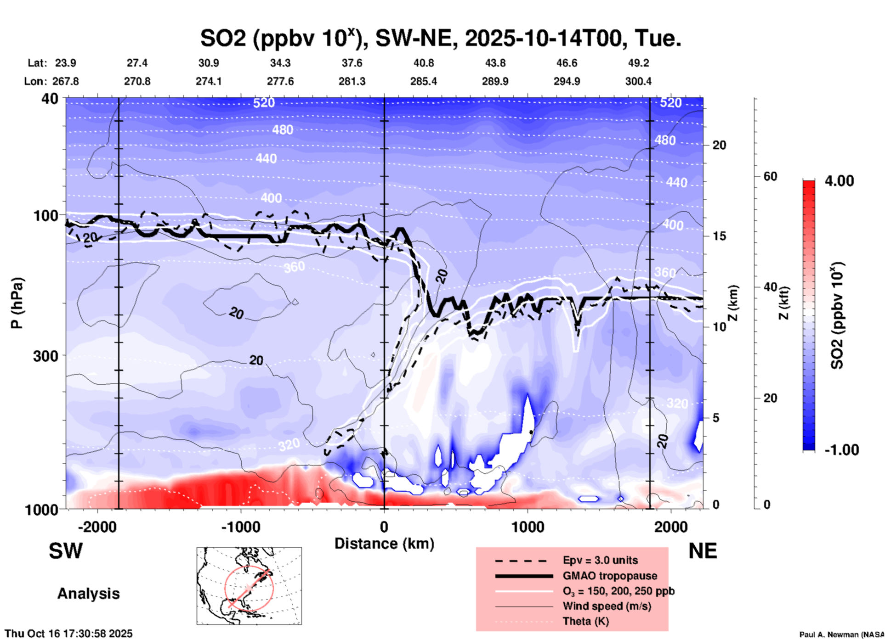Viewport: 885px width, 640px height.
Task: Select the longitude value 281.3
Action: pyautogui.click(x=352, y=81)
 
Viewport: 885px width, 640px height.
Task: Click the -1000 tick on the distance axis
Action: pyautogui.click(x=241, y=527)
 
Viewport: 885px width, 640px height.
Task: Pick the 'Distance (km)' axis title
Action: pyautogui.click(x=384, y=544)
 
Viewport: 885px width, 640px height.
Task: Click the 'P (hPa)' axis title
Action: pyautogui.click(x=17, y=303)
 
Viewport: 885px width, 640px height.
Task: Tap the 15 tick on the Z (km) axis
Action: pyautogui.click(x=719, y=236)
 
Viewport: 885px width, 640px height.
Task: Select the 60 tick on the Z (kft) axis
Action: pyautogui.click(x=770, y=176)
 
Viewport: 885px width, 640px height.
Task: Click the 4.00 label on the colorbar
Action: pyautogui.click(x=839, y=181)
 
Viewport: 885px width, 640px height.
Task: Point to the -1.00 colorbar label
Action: pyautogui.click(x=841, y=450)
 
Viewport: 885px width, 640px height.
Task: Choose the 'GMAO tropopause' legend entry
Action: pyautogui.click(x=610, y=576)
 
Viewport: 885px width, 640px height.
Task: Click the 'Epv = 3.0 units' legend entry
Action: pyautogui.click(x=600, y=560)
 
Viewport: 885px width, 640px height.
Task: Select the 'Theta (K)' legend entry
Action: pyautogui.click(x=585, y=621)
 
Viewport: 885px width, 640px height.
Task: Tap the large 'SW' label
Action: pyautogui.click(x=66, y=551)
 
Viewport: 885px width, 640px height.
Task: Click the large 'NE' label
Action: pyautogui.click(x=703, y=551)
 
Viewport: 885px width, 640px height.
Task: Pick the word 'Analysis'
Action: pyautogui.click(x=88, y=594)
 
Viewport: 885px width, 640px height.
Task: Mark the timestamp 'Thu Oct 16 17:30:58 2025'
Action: pyautogui.click(x=69, y=634)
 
